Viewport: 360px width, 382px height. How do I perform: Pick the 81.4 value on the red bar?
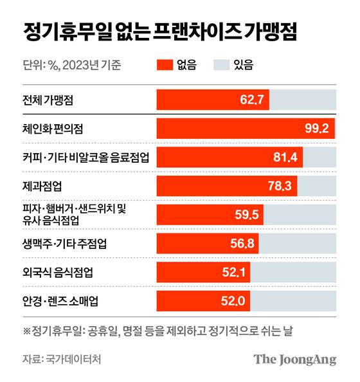283,158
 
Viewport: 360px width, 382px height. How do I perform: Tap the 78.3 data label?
278,186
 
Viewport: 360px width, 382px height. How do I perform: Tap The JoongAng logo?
294,359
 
